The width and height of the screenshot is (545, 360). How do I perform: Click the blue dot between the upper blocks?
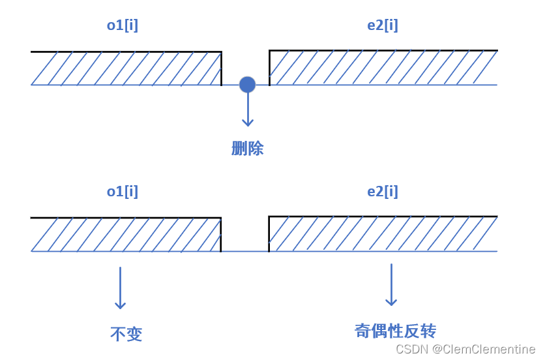coord(247,84)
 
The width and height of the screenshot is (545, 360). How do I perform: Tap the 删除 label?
coord(248,149)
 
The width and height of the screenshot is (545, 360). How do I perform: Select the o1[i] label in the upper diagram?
coord(123,25)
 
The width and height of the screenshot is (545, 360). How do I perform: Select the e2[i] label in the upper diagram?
coord(383,25)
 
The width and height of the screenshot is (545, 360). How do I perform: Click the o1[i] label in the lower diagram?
coord(123,192)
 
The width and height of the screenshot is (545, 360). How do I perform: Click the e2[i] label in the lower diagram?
coord(383,192)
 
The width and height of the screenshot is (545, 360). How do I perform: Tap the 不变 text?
coord(126,335)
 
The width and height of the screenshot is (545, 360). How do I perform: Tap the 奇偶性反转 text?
coord(395,331)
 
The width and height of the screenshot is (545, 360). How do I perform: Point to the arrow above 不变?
coord(120,288)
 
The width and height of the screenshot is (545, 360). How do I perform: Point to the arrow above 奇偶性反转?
coord(391,284)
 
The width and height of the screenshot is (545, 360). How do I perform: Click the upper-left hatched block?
coord(126,68)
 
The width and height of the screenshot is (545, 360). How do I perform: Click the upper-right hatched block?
coord(383,68)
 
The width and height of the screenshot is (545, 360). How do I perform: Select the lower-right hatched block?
coord(383,234)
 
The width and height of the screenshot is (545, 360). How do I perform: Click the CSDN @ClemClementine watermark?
coord(465,350)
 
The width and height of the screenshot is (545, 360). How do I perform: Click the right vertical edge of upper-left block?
coord(221,68)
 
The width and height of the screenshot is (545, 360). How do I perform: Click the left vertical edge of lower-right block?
coord(269,234)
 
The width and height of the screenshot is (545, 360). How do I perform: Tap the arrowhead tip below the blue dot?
coord(247,125)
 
